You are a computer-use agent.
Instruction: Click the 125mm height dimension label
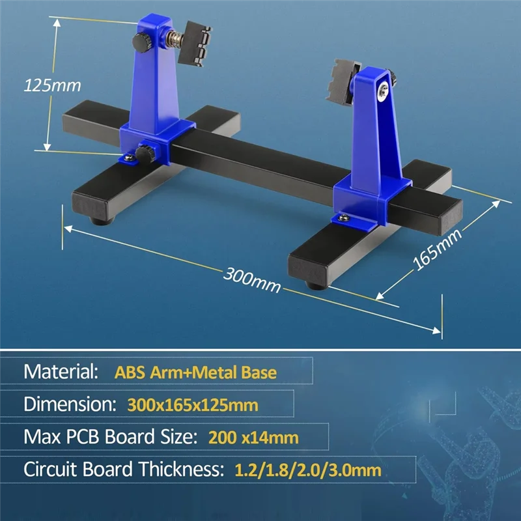[x=51, y=85]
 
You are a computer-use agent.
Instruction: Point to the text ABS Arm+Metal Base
[x=195, y=373]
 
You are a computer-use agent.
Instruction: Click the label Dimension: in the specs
[x=68, y=404]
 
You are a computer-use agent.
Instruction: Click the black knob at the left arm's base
[x=143, y=154]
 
